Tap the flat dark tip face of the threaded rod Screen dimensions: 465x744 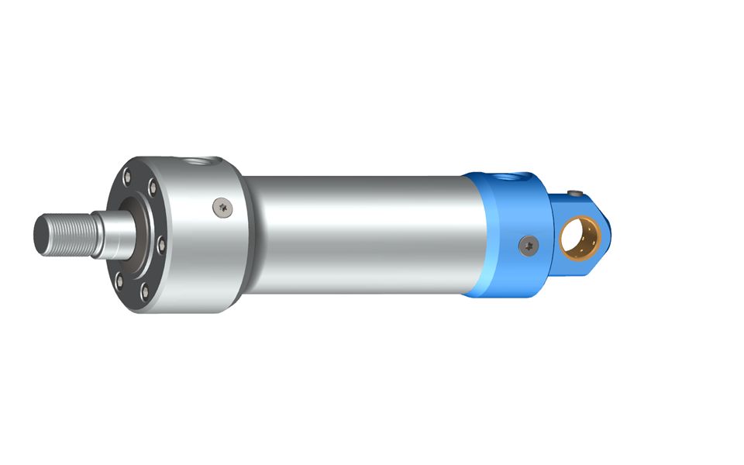[x=39, y=232]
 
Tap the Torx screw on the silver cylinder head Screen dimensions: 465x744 [x=222, y=205]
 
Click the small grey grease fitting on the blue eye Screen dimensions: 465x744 [x=575, y=194]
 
